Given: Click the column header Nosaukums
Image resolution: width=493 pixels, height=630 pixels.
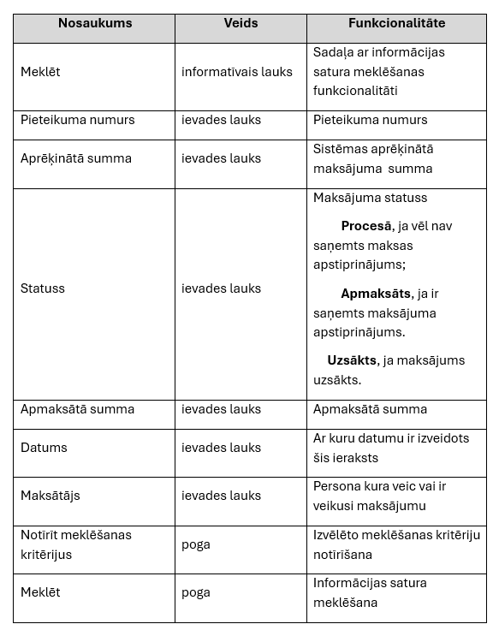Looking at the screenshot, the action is pos(95,23).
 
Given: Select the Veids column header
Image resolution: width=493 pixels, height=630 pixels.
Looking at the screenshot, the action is pos(241,23).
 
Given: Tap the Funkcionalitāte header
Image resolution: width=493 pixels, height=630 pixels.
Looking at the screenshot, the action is pos(396,23).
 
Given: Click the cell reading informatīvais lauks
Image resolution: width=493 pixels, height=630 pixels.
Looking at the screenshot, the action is pos(236,72).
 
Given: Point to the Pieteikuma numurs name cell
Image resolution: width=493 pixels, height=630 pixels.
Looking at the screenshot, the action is pos(77,120).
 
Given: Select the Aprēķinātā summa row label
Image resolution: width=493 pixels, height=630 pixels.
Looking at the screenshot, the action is pos(76,158).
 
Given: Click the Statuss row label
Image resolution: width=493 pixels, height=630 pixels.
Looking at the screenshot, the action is pos(42,288).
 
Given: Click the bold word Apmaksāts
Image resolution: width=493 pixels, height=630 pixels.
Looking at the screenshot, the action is pos(376,294).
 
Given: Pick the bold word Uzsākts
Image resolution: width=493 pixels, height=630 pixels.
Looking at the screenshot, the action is pos(352,360).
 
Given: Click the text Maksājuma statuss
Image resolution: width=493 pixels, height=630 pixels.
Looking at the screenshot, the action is pos(370,198).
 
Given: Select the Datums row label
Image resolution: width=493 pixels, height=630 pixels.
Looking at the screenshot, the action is pos(44,448).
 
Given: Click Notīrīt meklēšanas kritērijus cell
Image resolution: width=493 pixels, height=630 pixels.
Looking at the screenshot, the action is pos(76,544).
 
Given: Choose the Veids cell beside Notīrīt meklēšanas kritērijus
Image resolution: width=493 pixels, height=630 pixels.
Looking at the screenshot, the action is pos(195,544).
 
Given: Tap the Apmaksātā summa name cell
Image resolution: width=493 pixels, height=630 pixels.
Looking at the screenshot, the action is pos(77,409).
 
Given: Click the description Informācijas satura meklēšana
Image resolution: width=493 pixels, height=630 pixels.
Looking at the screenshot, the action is pos(370,592).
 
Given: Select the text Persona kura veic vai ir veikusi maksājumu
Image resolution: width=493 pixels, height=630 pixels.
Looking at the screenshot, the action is pos(379,496).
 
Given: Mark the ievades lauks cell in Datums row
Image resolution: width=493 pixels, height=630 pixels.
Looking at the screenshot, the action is pos(221,448).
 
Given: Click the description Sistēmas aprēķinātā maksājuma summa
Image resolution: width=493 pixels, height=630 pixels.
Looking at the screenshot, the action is pos(373,158).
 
